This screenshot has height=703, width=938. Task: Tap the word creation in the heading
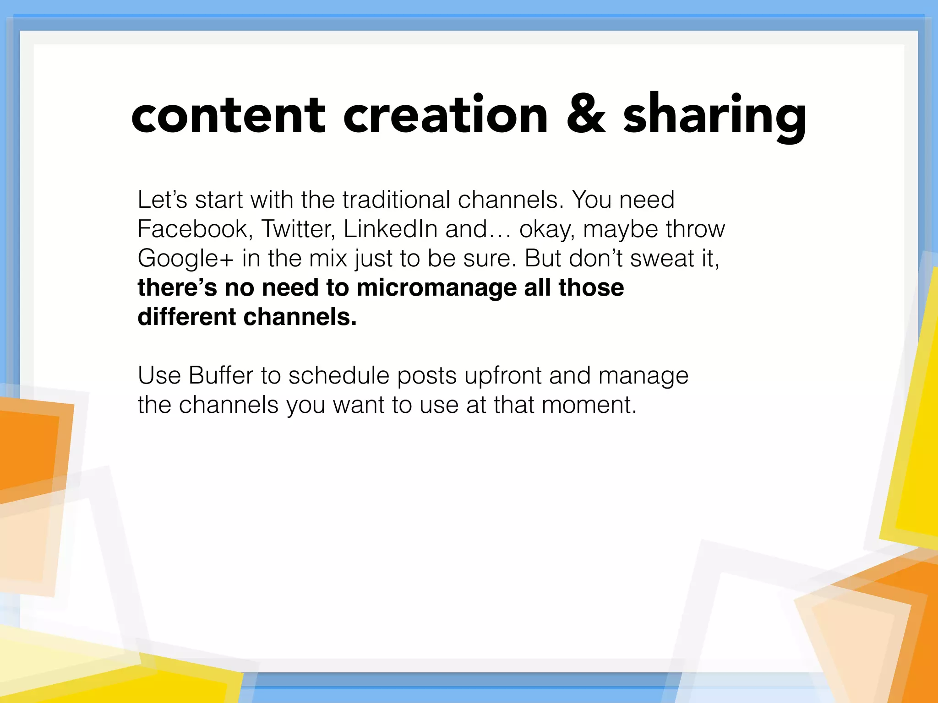445,115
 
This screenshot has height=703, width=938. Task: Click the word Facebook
193,229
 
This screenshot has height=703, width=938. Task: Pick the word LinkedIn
390,229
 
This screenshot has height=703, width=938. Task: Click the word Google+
185,259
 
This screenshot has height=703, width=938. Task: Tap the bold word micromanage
436,288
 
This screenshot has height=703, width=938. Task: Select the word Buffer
221,376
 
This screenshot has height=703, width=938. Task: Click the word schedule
338,376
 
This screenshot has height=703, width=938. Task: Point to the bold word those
591,288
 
